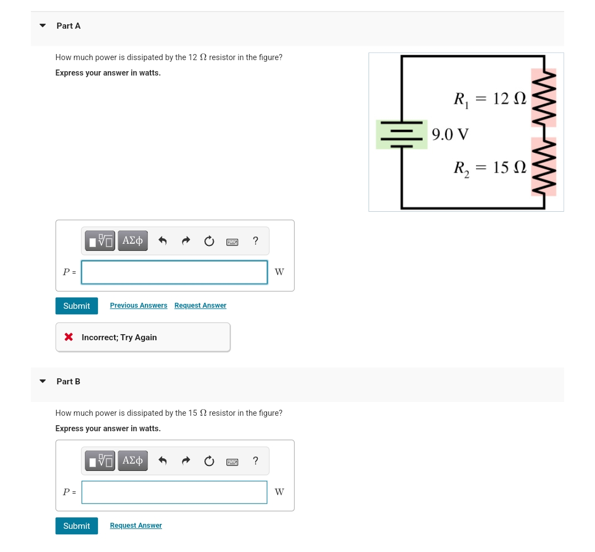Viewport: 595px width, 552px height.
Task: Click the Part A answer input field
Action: [x=174, y=272]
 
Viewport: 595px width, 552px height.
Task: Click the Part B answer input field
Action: [x=174, y=492]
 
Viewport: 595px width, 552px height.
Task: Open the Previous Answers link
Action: [x=138, y=306]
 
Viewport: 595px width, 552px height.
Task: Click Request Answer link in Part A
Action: [x=200, y=306]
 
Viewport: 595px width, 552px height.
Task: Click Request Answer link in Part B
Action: [x=136, y=526]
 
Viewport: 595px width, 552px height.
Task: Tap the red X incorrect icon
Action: [x=69, y=337]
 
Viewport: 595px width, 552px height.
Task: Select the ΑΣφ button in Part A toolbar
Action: [x=132, y=241]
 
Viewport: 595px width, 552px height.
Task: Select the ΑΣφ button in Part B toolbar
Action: [x=132, y=460]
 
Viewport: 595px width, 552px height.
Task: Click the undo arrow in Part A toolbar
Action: [x=163, y=241]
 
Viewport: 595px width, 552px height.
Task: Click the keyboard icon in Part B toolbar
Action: [x=232, y=461]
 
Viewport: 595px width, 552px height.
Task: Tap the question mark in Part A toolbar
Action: [x=255, y=241]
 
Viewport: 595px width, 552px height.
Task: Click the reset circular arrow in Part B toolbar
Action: [x=209, y=461]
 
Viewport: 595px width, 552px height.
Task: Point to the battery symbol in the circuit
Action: [x=402, y=135]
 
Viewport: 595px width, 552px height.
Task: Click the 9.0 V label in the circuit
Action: [x=450, y=135]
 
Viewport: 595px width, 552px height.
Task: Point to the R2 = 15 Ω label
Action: [x=490, y=168]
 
